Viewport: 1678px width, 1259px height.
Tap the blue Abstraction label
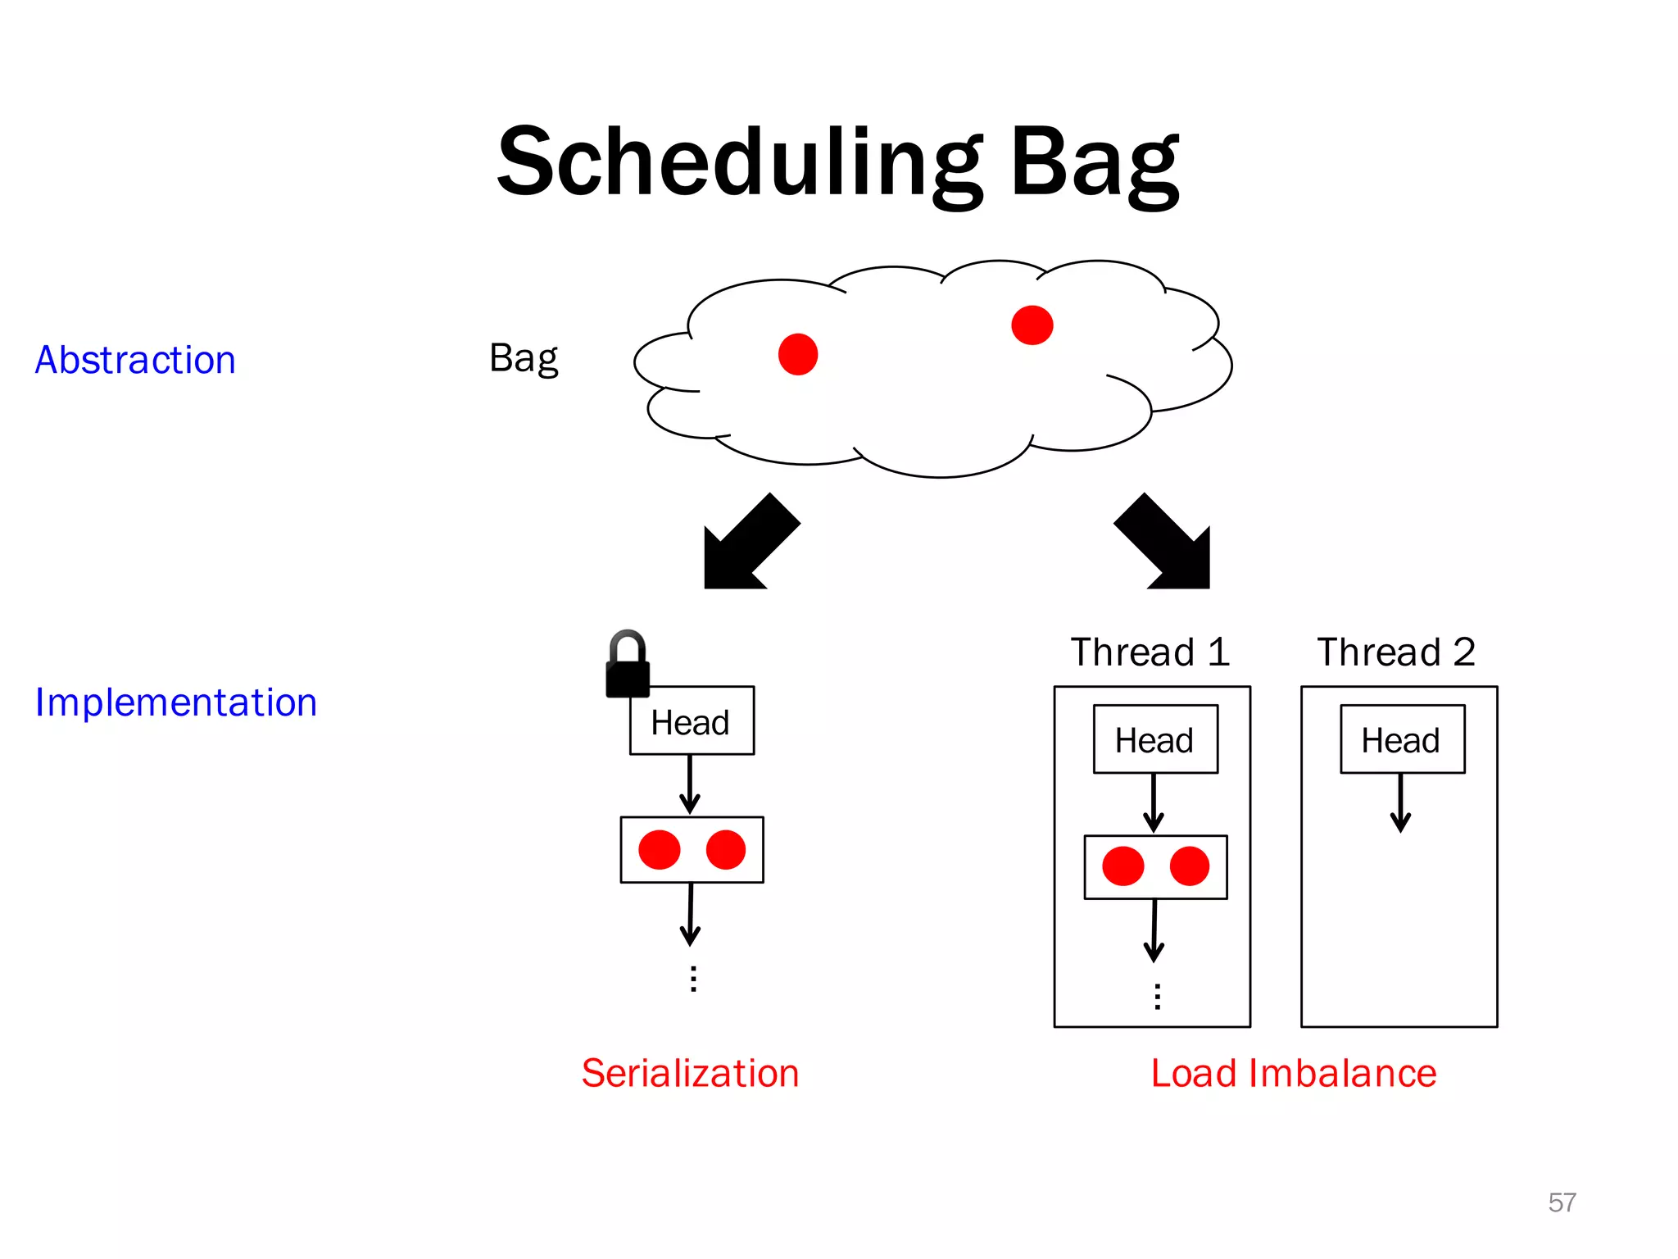[x=135, y=361]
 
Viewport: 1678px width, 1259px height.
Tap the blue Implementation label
[x=175, y=702]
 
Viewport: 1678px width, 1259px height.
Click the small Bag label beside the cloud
[x=523, y=358]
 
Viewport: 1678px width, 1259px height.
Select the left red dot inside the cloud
[x=798, y=354]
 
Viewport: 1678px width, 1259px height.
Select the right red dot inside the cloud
[x=1032, y=325]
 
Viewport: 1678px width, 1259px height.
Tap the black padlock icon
[x=627, y=666]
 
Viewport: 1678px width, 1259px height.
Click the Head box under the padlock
[x=692, y=721]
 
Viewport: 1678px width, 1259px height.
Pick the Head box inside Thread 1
[x=1155, y=739]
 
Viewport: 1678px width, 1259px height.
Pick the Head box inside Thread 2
[x=1402, y=739]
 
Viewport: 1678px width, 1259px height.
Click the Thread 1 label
[x=1150, y=652]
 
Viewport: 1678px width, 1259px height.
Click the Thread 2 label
[x=1396, y=652]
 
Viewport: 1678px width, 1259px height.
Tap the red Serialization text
[x=690, y=1073]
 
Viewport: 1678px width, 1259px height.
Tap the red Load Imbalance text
[x=1293, y=1073]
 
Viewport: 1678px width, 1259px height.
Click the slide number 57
[x=1562, y=1202]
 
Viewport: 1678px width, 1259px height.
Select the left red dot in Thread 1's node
[x=1122, y=866]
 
